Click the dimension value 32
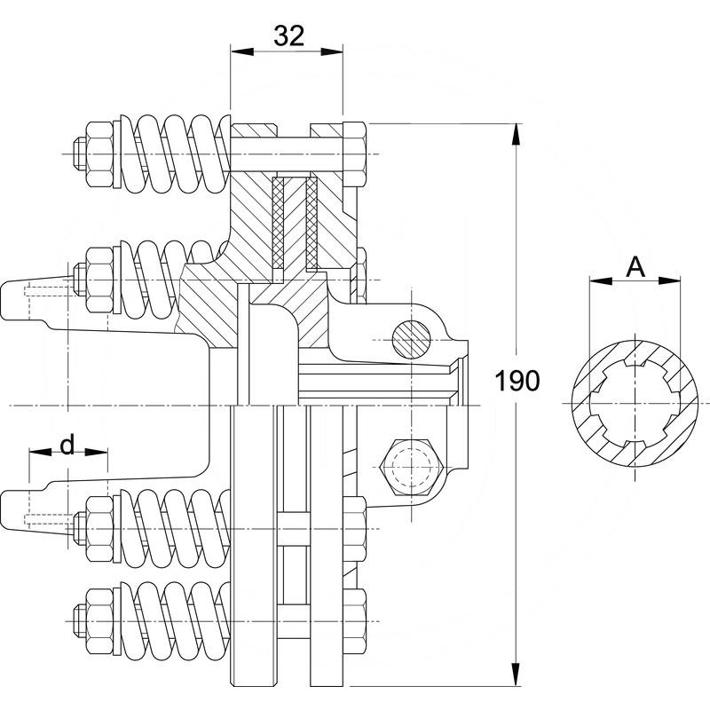click(288, 35)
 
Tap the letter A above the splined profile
click(635, 265)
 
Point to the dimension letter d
click(67, 444)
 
